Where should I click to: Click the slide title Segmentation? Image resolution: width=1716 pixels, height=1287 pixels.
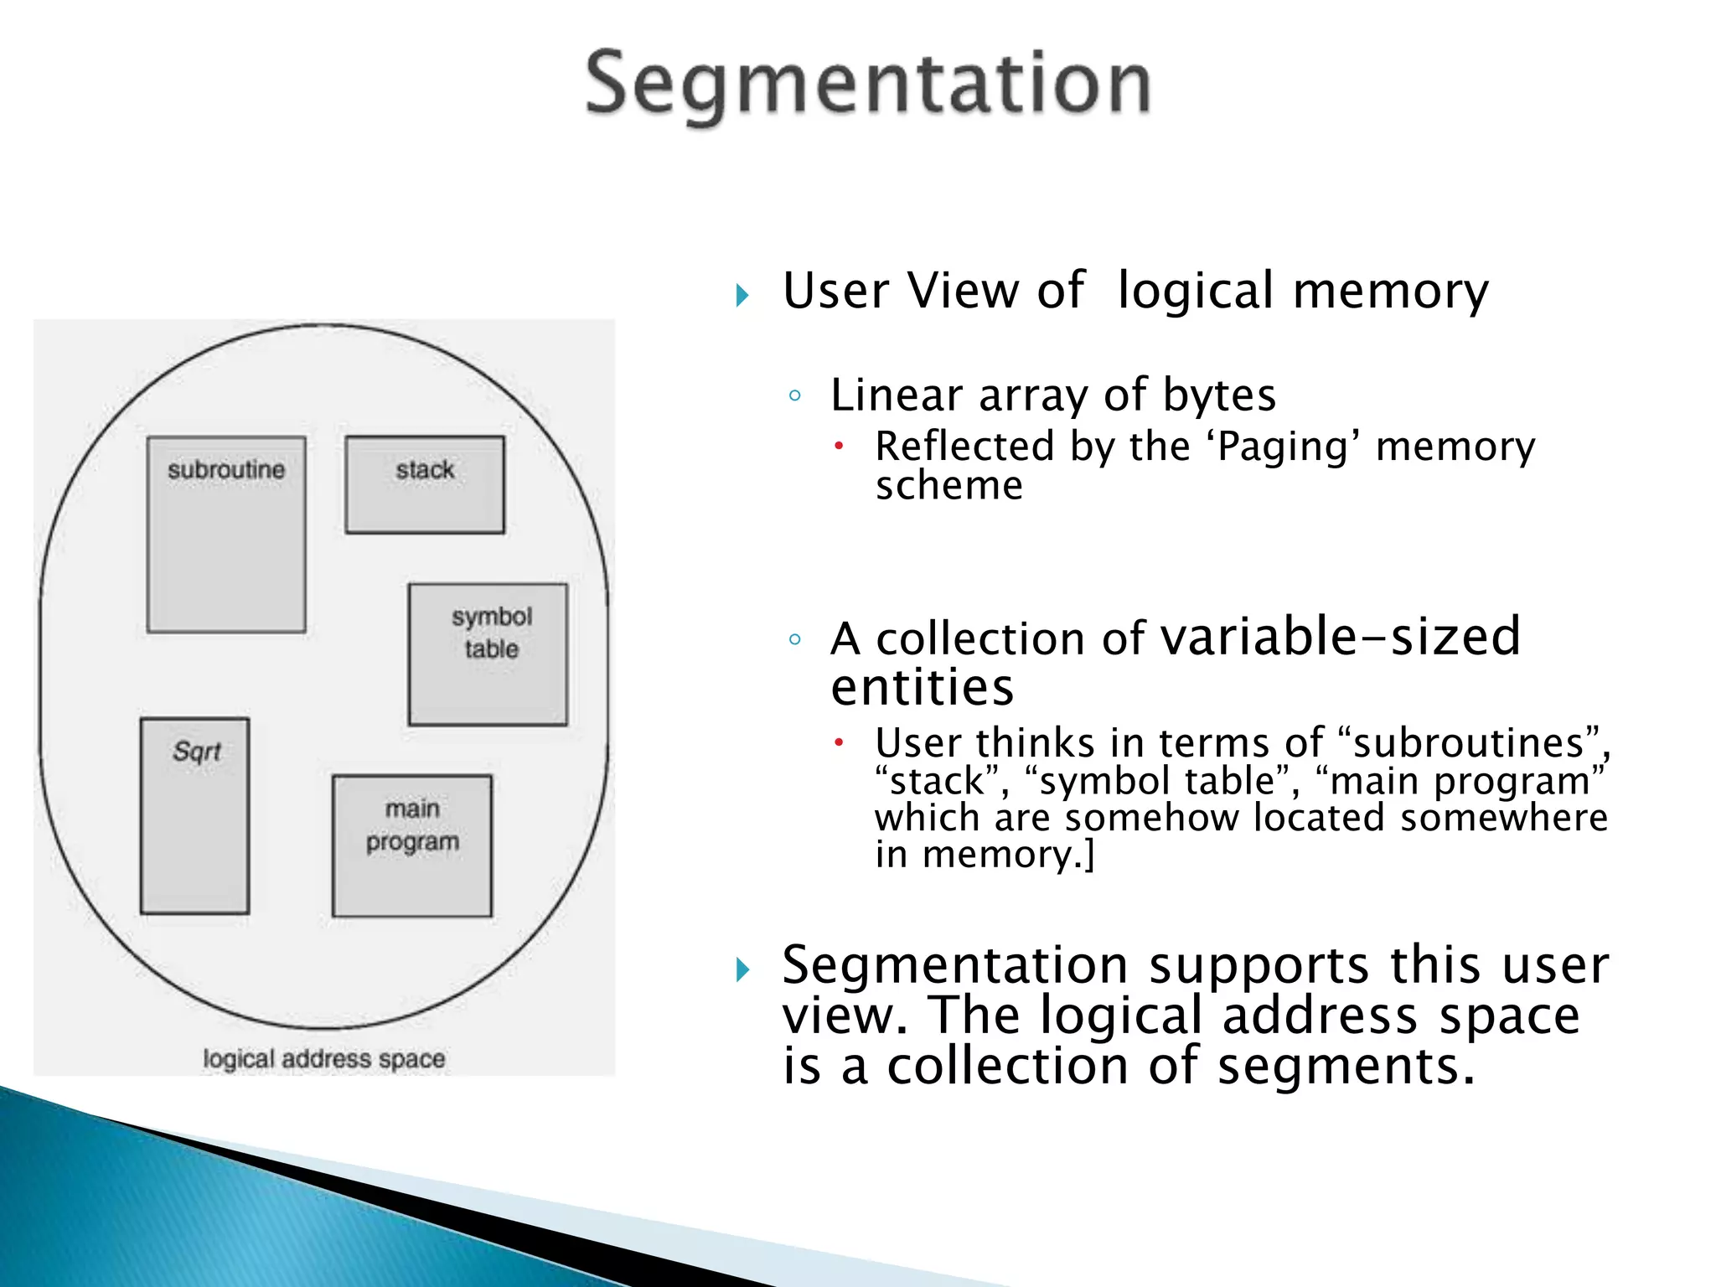click(x=868, y=84)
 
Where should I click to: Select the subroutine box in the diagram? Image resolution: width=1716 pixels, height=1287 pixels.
click(x=226, y=535)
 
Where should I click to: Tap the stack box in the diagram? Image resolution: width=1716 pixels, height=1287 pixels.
click(x=425, y=485)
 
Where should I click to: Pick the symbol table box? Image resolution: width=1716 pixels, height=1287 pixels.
click(x=488, y=654)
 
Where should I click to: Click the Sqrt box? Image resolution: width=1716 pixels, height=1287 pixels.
click(x=195, y=815)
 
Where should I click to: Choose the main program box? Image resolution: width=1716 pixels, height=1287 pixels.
click(x=412, y=846)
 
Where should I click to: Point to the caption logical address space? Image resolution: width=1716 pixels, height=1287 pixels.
click(x=323, y=1059)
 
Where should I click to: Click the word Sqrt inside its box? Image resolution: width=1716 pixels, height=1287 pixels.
click(x=197, y=752)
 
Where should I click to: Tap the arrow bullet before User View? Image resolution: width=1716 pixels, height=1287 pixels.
click(x=742, y=295)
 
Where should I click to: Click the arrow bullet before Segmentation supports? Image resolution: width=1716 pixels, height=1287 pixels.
click(x=742, y=970)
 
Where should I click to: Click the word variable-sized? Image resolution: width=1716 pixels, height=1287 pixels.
click(x=1340, y=636)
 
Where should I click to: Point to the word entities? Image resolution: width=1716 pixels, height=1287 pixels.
click(x=922, y=689)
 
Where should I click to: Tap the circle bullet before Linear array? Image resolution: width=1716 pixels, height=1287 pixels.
click(x=795, y=395)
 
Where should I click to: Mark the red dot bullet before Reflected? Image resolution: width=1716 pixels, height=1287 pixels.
click(x=838, y=446)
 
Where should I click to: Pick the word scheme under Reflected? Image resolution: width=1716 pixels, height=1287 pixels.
click(x=948, y=486)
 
